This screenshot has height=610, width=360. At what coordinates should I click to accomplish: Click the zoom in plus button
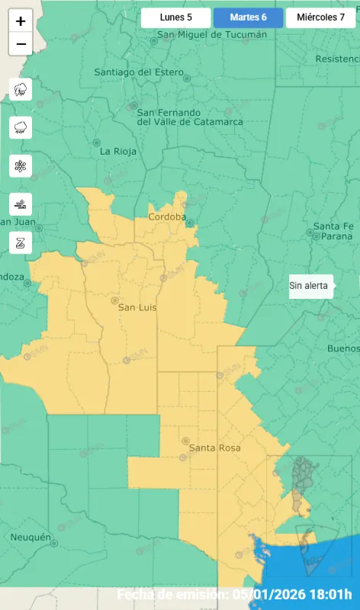[x=21, y=21]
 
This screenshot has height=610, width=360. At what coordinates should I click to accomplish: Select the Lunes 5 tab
[x=175, y=18]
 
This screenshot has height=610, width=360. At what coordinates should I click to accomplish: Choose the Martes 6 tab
[x=248, y=18]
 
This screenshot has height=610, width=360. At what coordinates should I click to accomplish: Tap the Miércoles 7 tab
[x=320, y=18]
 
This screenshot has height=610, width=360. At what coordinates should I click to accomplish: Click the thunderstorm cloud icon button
[x=21, y=89]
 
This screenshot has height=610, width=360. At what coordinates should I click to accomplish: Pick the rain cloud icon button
[x=21, y=127]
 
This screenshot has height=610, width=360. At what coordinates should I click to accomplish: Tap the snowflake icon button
[x=21, y=165]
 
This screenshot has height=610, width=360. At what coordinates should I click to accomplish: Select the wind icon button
[x=21, y=204]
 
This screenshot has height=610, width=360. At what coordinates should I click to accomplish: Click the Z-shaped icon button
[x=21, y=242]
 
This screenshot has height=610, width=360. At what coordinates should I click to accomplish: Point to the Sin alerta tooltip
[x=309, y=287]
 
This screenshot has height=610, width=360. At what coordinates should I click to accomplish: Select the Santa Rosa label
[x=214, y=448]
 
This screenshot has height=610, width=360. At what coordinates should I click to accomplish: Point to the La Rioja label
[x=118, y=151]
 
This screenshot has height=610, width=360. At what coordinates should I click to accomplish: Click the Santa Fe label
[x=333, y=226]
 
